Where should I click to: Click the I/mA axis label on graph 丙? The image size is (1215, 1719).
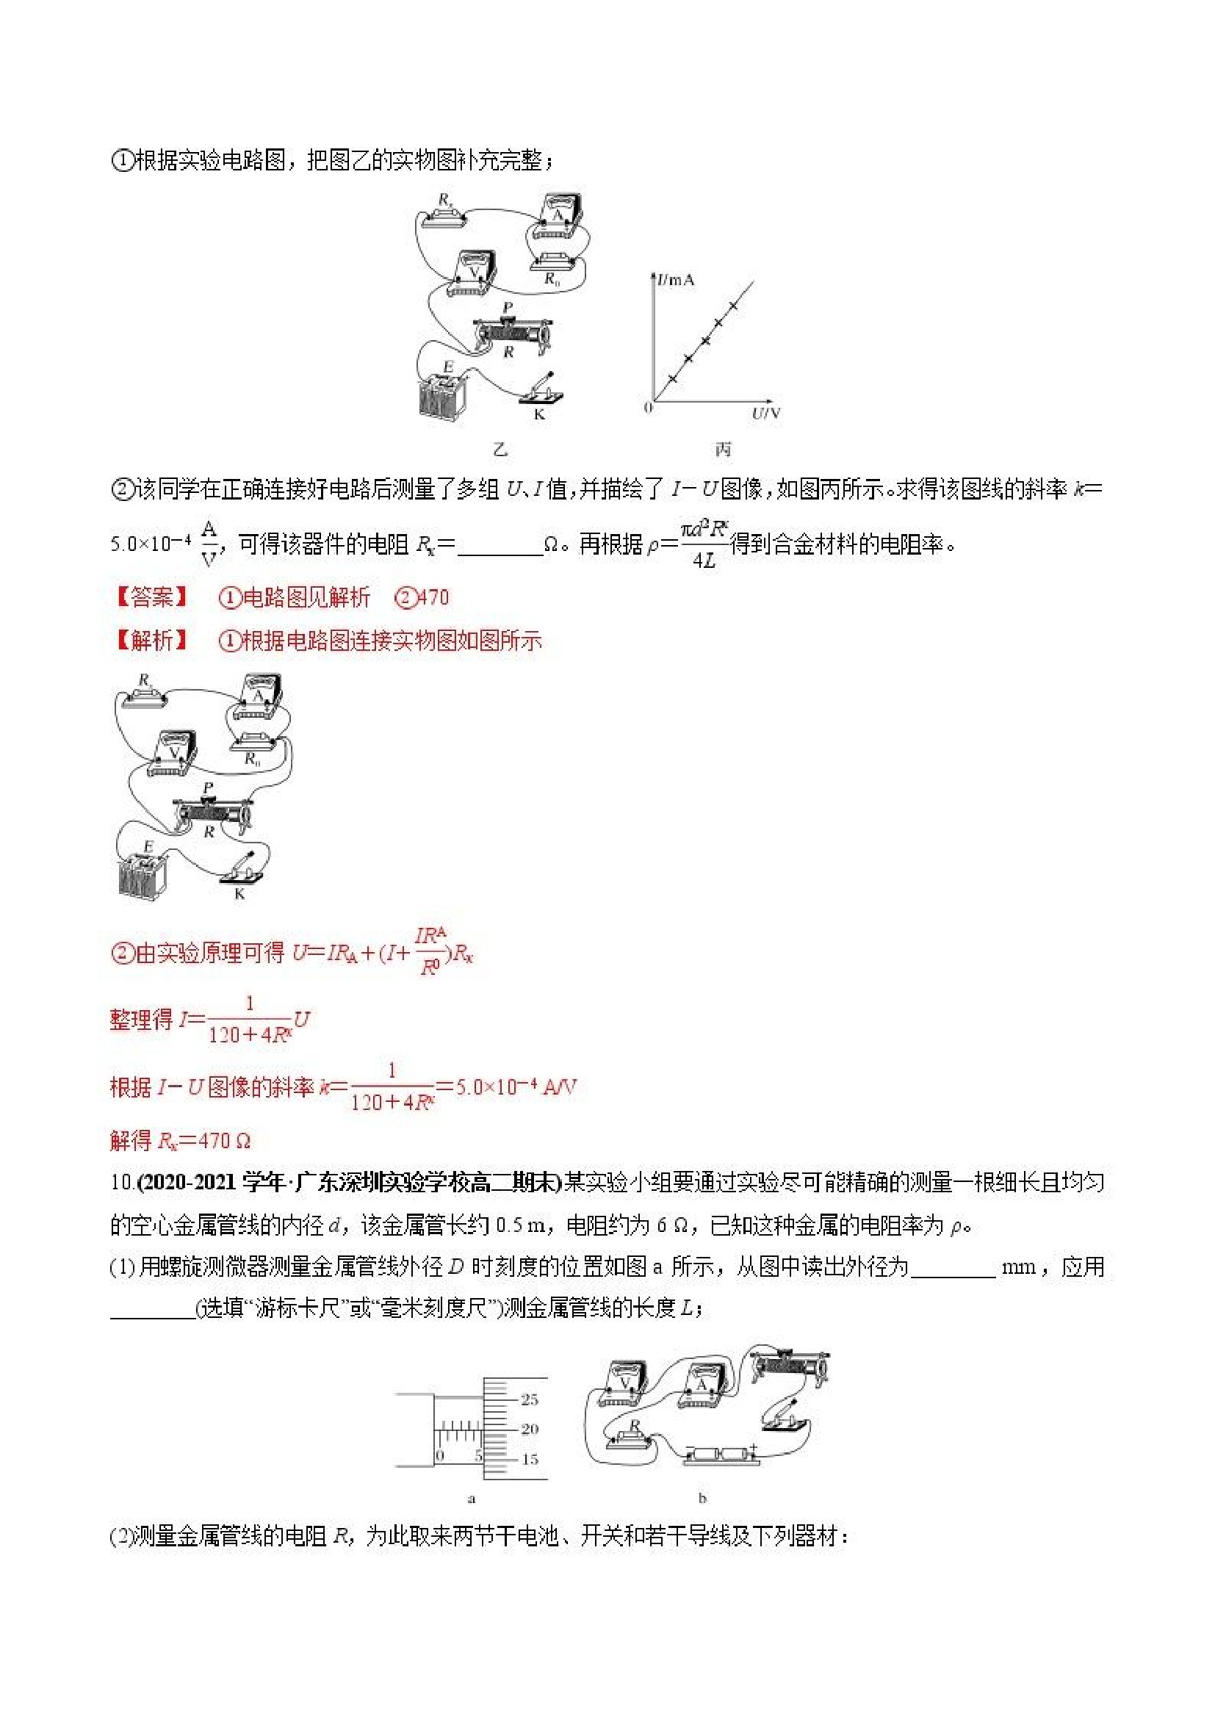[676, 281]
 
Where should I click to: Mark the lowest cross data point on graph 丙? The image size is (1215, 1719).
[672, 379]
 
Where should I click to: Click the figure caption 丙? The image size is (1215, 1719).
[722, 449]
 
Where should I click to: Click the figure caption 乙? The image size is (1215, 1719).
[501, 449]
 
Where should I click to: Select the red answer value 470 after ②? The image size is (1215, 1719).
[433, 597]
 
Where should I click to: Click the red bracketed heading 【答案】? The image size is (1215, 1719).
[151, 597]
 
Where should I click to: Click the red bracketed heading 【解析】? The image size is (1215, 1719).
[151, 641]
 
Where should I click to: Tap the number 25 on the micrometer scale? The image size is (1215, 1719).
[530, 1399]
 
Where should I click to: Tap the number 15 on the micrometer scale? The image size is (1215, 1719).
[530, 1459]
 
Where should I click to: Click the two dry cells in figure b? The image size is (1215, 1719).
[718, 1455]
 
